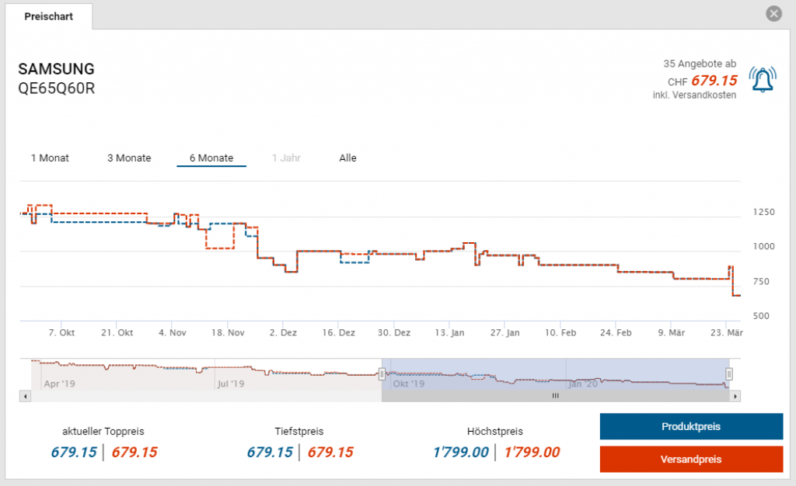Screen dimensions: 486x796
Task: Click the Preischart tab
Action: click(48, 16)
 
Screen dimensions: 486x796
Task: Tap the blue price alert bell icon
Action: click(763, 80)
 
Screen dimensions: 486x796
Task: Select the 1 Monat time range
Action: click(50, 158)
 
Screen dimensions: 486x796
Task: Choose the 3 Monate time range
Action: click(129, 158)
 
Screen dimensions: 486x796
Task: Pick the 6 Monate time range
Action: click(211, 158)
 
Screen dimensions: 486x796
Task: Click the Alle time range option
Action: click(347, 158)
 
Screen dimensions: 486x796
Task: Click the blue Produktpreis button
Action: click(691, 427)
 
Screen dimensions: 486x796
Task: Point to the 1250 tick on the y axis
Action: click(763, 212)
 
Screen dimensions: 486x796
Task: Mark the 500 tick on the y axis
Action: click(763, 316)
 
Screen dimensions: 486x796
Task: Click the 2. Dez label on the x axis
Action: click(283, 333)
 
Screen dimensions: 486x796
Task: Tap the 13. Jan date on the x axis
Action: click(449, 333)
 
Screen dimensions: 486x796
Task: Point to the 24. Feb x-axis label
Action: click(616, 333)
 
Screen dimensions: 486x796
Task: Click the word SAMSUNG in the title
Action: click(56, 69)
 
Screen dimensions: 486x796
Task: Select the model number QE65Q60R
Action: click(56, 88)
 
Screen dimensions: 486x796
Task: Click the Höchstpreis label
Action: click(494, 432)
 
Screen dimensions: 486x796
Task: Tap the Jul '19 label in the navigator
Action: click(230, 384)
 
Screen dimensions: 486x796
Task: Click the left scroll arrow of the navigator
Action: click(26, 396)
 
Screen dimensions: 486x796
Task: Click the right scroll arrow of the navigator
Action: click(735, 396)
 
